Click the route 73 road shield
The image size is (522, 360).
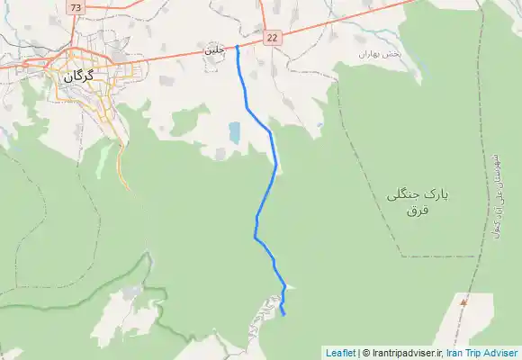coord(74,7)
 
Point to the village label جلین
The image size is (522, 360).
coord(214,51)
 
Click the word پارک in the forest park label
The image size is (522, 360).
coord(436,193)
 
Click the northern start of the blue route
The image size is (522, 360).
coord(237,47)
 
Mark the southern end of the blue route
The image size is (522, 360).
coord(283,314)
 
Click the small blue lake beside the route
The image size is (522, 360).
coord(234,134)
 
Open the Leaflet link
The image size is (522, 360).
coord(340,353)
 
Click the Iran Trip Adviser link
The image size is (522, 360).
coord(482,353)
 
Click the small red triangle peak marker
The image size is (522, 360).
coord(463,302)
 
